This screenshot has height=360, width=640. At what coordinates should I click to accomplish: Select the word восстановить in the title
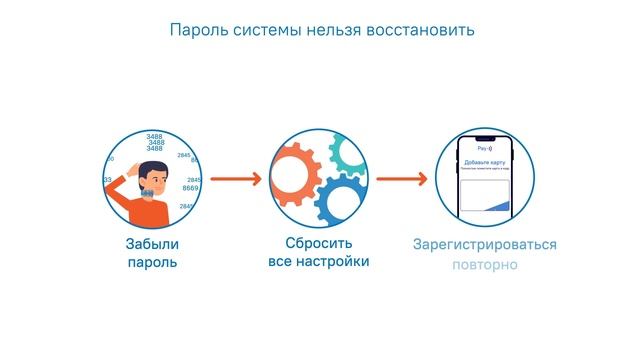pyautogui.click(x=419, y=30)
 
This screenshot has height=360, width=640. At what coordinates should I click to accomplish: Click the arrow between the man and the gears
pyautogui.click(x=236, y=180)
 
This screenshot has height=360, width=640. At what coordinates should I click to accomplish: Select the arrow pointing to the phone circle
pyautogui.click(x=402, y=180)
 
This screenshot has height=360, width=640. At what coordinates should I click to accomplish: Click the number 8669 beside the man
pyautogui.click(x=191, y=188)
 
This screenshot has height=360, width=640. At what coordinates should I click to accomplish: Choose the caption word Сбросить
pyautogui.click(x=319, y=244)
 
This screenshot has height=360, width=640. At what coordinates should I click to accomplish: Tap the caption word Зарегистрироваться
pyautogui.click(x=485, y=245)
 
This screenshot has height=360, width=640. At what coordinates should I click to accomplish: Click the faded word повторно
pyautogui.click(x=485, y=265)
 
